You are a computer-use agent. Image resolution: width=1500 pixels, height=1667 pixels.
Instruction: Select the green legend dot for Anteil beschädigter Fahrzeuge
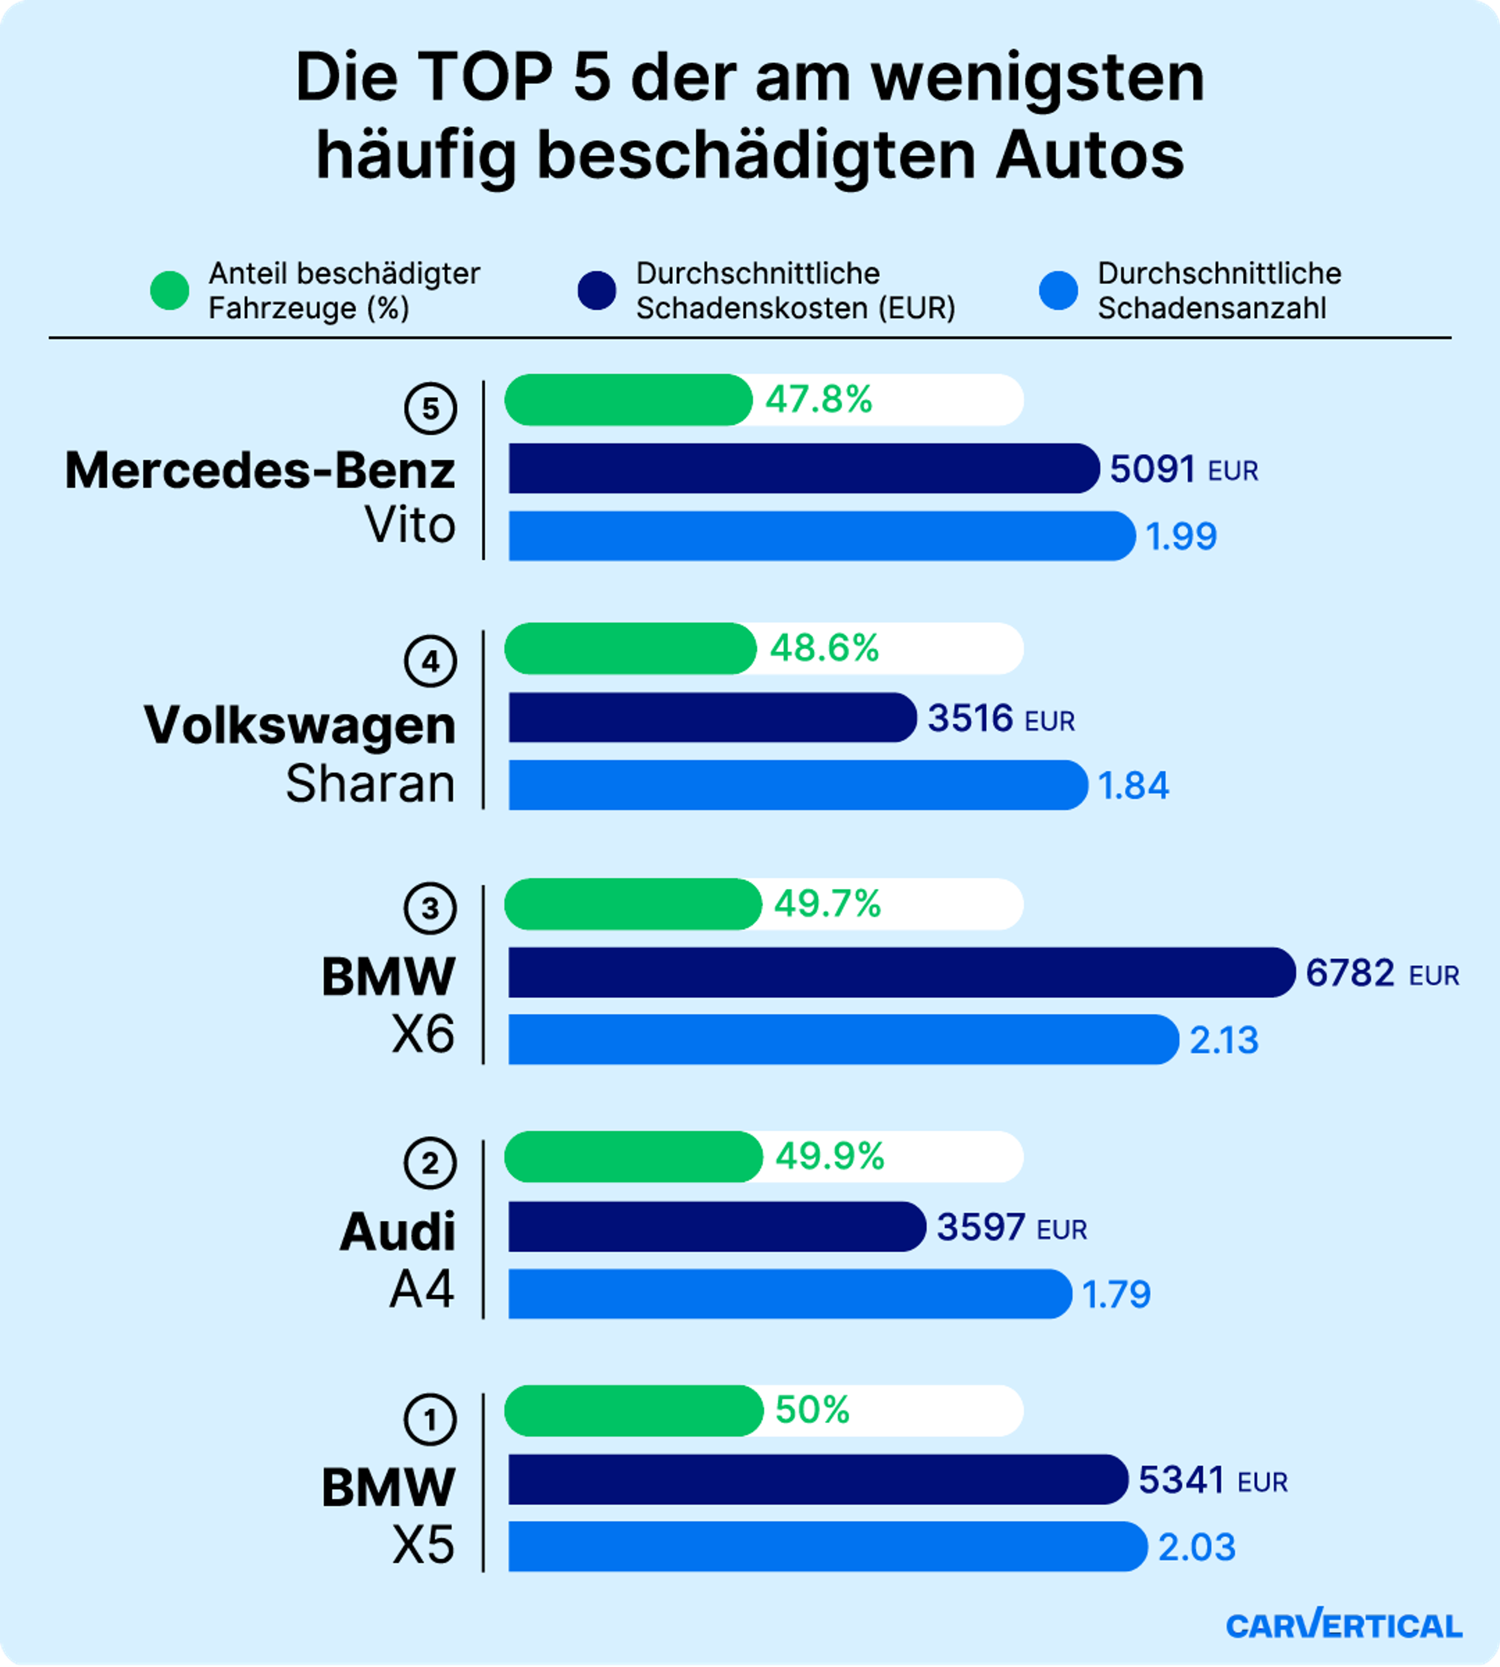click(x=170, y=291)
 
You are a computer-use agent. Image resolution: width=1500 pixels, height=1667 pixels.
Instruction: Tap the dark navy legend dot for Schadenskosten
click(x=597, y=291)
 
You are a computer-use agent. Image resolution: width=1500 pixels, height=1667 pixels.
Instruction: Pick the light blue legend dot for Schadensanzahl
click(x=1058, y=291)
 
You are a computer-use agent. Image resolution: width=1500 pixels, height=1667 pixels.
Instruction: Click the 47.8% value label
click(x=818, y=400)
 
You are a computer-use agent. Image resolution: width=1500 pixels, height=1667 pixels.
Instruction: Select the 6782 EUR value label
click(x=1381, y=974)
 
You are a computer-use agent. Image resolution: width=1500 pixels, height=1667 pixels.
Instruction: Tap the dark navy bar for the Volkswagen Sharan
click(x=711, y=717)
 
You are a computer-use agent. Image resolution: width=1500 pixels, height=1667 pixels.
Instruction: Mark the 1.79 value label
click(x=1116, y=1294)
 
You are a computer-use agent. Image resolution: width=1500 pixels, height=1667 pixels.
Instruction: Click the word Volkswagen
click(x=300, y=725)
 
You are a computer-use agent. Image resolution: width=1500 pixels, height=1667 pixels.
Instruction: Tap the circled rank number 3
click(x=430, y=909)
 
